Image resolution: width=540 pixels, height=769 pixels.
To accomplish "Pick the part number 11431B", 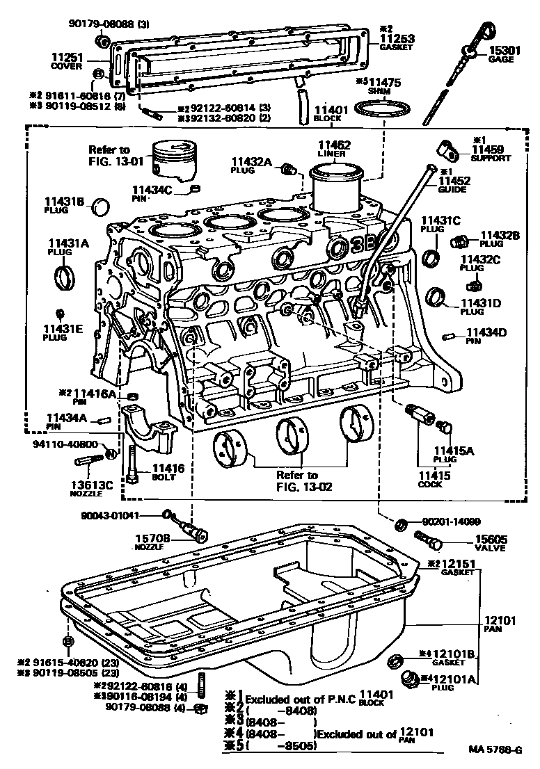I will (65, 202).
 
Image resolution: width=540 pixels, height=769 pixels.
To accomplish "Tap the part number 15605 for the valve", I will (491, 538).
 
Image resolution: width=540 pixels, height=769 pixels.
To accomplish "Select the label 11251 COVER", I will (67, 57).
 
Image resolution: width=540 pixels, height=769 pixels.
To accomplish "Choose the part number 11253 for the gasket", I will (396, 38).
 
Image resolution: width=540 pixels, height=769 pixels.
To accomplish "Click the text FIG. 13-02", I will (305, 487).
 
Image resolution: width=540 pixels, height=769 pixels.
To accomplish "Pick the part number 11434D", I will (486, 332).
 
